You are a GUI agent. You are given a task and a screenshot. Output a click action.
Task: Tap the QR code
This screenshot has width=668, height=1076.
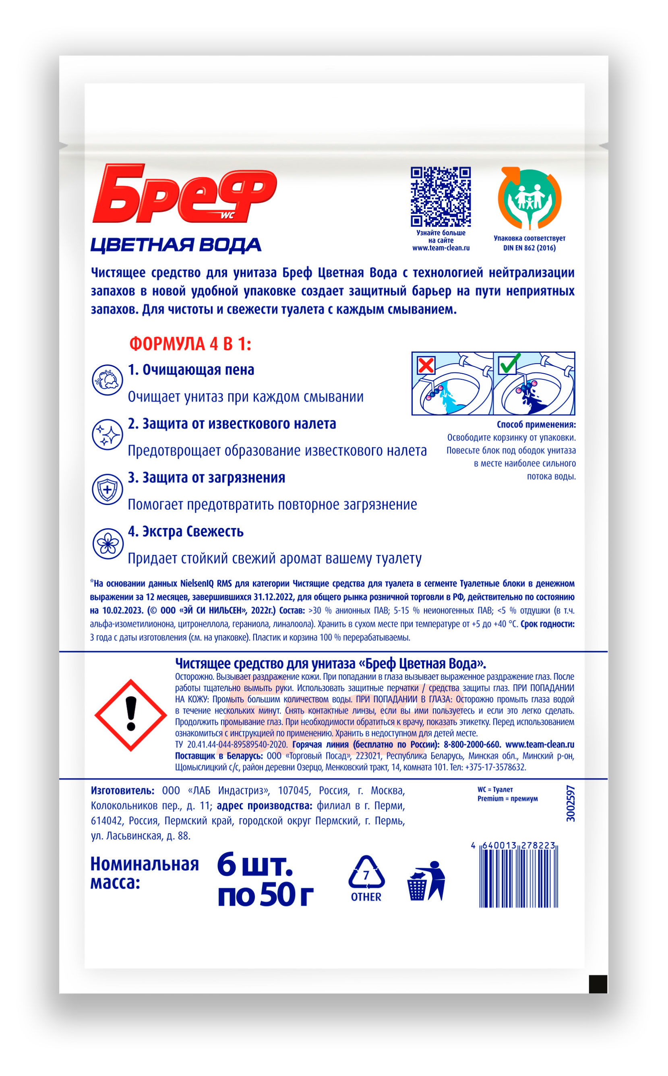coord(441,197)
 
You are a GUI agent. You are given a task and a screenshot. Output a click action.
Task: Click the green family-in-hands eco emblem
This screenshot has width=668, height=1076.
coord(529,198)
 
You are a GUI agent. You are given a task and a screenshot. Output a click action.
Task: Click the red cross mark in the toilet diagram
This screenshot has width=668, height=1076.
coord(426,365)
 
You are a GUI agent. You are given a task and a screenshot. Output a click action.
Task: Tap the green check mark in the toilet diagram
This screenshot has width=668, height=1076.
coord(509,364)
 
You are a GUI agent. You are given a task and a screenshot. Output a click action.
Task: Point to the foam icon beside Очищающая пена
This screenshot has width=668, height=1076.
coord(108,380)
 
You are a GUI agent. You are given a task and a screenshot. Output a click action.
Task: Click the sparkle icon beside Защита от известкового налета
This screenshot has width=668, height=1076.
coord(108,435)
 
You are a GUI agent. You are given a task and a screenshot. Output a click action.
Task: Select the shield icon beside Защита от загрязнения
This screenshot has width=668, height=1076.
coord(108,489)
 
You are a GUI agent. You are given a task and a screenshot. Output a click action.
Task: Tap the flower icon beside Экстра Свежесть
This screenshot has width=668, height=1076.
coord(108,543)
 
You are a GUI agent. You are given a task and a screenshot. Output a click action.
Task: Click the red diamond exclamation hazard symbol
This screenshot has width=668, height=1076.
coord(131,715)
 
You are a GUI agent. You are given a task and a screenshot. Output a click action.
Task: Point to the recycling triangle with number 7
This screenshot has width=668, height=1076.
coord(366,874)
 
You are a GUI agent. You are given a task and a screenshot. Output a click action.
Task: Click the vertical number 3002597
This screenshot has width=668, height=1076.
coord(571,804)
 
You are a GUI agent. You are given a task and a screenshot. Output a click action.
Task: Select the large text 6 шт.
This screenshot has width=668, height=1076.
coord(255,865)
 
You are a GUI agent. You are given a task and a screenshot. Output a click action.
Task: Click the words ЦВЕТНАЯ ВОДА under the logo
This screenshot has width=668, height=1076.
coord(176,245)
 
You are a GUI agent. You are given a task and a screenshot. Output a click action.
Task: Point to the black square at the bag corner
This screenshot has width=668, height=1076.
coord(598,984)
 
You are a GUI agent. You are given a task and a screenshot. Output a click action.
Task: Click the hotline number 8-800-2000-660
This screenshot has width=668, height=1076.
coord(472,745)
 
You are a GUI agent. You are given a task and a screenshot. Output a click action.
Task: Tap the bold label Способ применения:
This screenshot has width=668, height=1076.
coord(536,424)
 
